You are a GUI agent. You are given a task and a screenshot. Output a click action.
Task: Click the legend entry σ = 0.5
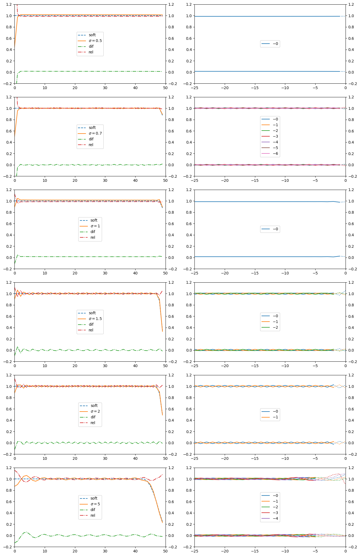(x=95, y=41)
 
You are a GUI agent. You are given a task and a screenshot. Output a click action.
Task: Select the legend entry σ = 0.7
(x=95, y=133)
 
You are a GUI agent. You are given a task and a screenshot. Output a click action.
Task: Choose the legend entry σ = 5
(x=95, y=504)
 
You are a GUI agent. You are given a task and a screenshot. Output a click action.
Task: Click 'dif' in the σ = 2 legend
(x=93, y=417)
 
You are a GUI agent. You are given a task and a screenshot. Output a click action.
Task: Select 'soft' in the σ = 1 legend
(x=94, y=220)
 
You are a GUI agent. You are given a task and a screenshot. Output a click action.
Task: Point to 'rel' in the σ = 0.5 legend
(x=91, y=52)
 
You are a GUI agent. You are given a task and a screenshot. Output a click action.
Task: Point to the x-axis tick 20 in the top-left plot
(x=75, y=87)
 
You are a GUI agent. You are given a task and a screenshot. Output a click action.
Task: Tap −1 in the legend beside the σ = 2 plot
(x=275, y=417)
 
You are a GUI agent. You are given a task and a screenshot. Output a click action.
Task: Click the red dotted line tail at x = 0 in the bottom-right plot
(x=345, y=483)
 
